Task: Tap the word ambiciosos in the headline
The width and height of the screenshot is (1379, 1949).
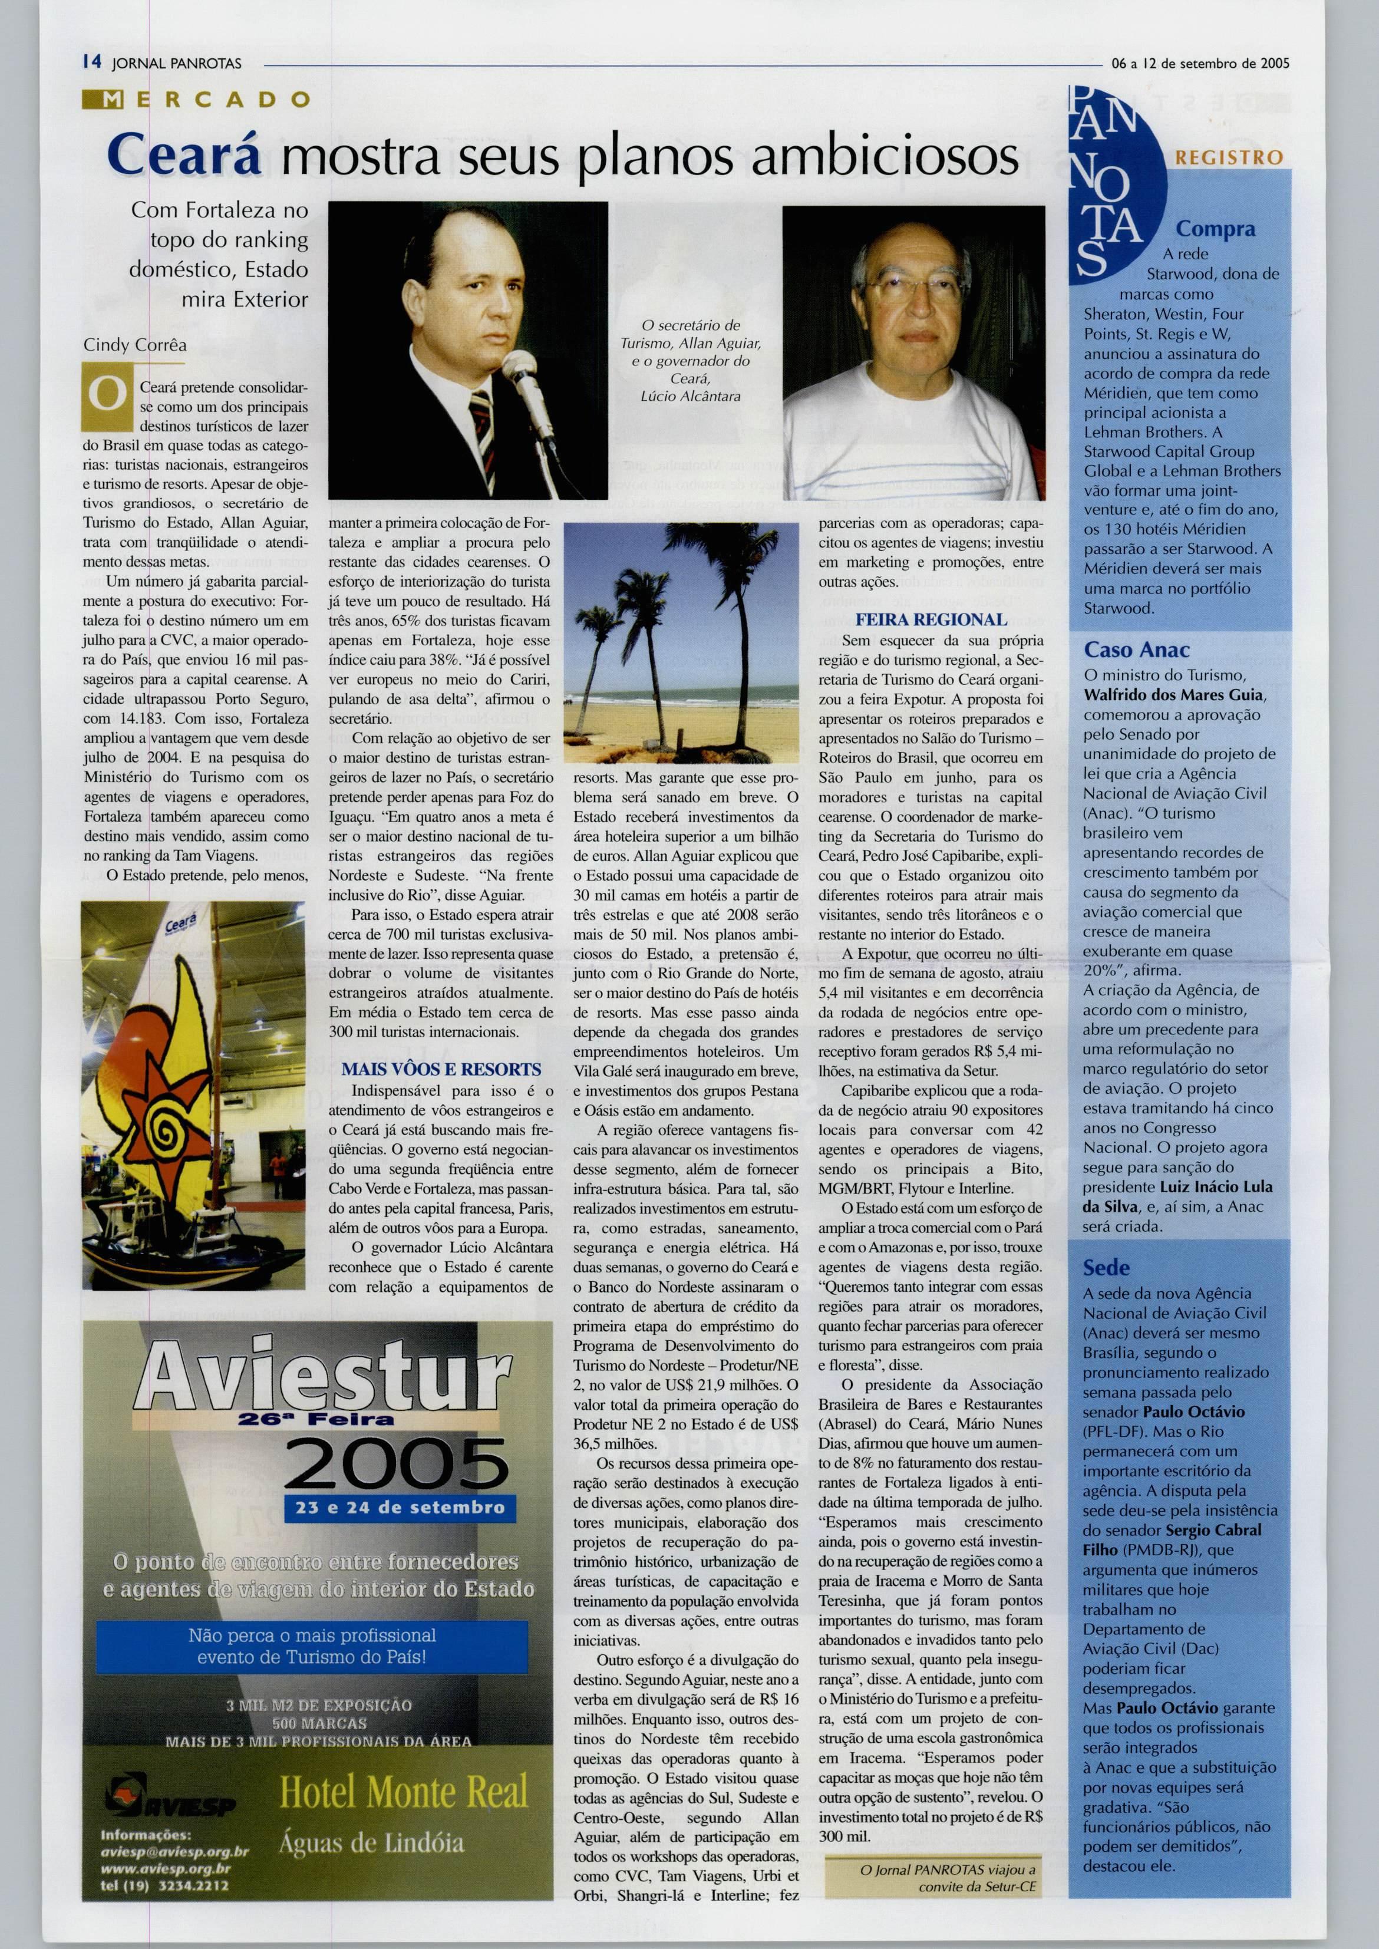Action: [883, 158]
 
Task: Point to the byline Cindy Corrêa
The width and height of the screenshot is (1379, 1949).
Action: [135, 345]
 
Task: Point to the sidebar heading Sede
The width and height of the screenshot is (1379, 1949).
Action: [1106, 1268]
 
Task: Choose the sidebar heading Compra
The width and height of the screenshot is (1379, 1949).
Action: [1215, 229]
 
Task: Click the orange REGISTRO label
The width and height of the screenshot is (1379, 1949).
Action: [1228, 158]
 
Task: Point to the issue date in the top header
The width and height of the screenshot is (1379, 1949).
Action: [1199, 63]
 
